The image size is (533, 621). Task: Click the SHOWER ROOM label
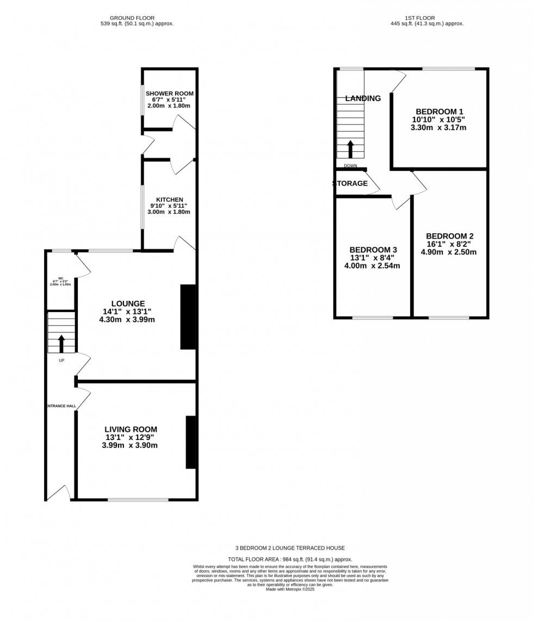(x=169, y=94)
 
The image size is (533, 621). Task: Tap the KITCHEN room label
(x=170, y=200)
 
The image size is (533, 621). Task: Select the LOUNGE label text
(x=128, y=303)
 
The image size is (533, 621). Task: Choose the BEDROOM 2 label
(x=449, y=236)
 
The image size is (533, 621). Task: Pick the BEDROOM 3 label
(x=373, y=250)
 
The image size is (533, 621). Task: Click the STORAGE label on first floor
(x=350, y=184)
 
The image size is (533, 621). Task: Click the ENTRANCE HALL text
(x=60, y=406)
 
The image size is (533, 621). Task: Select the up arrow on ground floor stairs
(x=61, y=344)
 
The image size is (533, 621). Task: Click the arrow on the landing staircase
(x=350, y=148)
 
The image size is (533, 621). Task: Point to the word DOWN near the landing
(x=350, y=166)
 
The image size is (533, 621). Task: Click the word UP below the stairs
(x=61, y=360)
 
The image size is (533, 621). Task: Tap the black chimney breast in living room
(x=191, y=442)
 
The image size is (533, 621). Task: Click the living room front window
(x=138, y=499)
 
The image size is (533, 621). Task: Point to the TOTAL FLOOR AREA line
(x=290, y=559)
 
